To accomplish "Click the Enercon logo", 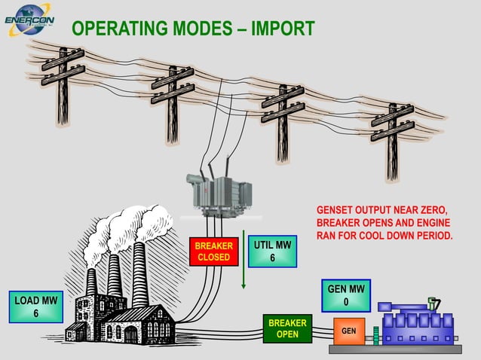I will coord(28,20).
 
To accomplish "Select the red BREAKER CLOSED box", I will coord(213,252).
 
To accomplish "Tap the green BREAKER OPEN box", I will coord(287,328).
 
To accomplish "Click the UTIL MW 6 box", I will coord(272,252).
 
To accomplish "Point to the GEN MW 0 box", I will coord(346,295).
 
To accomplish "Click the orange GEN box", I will coord(349,331).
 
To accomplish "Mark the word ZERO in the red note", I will coord(432,209).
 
